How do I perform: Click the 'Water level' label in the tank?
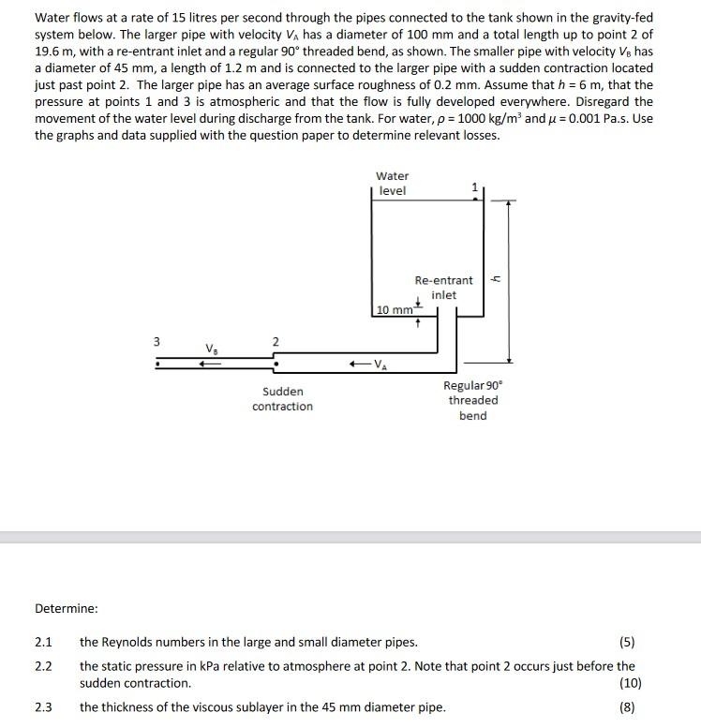click(x=392, y=184)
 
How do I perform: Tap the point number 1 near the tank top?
click(x=474, y=187)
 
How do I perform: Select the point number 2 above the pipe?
click(x=275, y=341)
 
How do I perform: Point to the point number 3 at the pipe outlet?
click(x=157, y=341)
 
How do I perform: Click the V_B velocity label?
click(x=212, y=349)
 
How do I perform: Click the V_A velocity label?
click(x=378, y=364)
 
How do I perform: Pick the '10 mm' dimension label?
click(x=395, y=310)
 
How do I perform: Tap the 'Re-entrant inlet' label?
click(x=443, y=288)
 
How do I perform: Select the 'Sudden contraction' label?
click(x=282, y=398)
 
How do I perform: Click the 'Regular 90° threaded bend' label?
click(x=472, y=400)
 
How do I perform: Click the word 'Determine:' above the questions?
click(x=67, y=608)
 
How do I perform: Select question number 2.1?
click(x=43, y=642)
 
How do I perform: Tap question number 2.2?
click(x=43, y=666)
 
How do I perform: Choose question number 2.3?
click(x=43, y=707)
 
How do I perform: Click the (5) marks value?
click(x=627, y=642)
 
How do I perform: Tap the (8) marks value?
click(x=627, y=707)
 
